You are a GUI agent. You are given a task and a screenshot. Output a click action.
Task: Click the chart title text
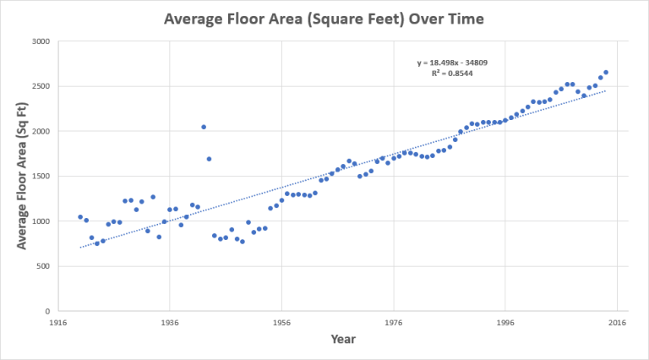324,18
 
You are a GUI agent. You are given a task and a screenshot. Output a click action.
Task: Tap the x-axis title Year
343,339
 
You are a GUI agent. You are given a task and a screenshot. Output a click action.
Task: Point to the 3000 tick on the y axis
40,41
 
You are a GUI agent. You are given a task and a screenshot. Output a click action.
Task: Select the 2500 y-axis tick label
40,86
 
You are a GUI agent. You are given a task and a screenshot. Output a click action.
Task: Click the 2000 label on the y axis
40,131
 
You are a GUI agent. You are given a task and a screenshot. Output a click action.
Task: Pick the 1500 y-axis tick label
40,177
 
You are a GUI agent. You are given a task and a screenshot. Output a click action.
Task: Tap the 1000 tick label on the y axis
40,221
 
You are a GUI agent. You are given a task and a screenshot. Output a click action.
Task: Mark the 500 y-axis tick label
42,266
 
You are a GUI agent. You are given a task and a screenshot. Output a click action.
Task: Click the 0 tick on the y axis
47,311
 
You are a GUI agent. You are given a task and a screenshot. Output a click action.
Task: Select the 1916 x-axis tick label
58,323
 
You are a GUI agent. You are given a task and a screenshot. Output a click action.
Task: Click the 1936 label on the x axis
170,323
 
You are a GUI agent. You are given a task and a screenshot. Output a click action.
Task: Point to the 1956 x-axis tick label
282,323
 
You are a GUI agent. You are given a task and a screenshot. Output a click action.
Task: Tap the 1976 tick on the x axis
394,323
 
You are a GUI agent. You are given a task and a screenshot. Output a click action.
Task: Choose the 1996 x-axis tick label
506,323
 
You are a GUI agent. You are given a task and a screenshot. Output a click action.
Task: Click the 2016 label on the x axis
618,323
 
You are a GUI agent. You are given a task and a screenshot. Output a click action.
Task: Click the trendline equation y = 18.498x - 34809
451,63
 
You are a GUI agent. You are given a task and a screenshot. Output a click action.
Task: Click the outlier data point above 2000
204,127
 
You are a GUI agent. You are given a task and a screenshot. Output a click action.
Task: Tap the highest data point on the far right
606,72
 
